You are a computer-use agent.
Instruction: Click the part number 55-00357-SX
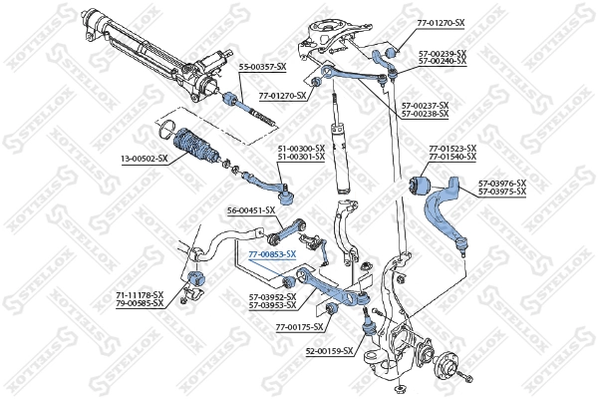click(261, 66)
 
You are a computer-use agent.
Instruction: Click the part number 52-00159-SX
click(328, 352)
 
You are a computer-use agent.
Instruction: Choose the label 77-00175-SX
click(300, 327)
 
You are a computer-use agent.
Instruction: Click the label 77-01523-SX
click(452, 149)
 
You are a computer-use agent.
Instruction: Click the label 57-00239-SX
click(442, 53)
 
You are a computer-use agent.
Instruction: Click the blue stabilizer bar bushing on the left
click(195, 276)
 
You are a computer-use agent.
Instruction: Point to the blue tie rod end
click(267, 183)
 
